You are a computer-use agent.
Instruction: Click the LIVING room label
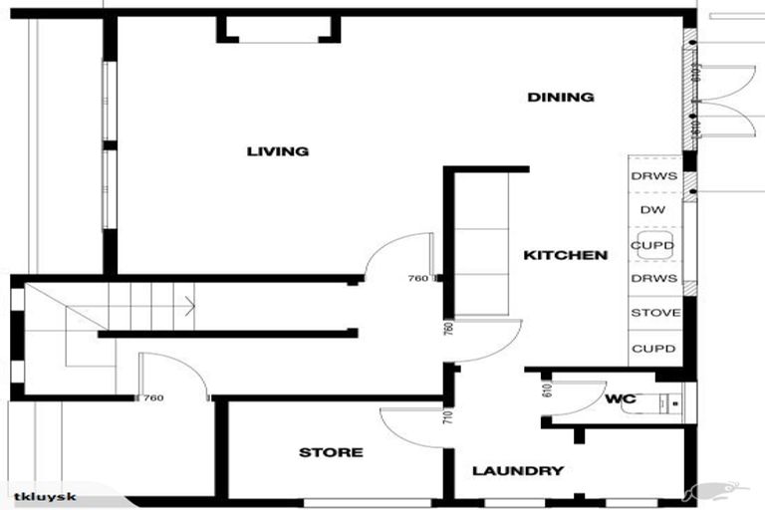pyautogui.click(x=278, y=151)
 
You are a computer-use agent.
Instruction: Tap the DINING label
pyautogui.click(x=561, y=98)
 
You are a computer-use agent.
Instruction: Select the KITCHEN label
pyautogui.click(x=565, y=256)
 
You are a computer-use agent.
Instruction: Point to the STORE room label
pyautogui.click(x=331, y=453)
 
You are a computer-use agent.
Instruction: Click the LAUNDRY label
pyautogui.click(x=518, y=471)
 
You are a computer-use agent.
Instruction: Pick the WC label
pyautogui.click(x=620, y=399)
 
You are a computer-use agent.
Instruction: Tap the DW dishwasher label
pyautogui.click(x=652, y=210)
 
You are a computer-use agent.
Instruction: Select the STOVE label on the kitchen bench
pyautogui.click(x=654, y=313)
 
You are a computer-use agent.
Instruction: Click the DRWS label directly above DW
pyautogui.click(x=653, y=176)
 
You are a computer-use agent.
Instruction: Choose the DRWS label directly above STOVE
pyautogui.click(x=653, y=279)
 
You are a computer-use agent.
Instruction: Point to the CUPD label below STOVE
pyautogui.click(x=653, y=349)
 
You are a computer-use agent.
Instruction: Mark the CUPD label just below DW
pyautogui.click(x=653, y=245)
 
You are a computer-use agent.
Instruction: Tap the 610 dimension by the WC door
pyautogui.click(x=547, y=389)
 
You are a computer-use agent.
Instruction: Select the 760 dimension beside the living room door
pyautogui.click(x=418, y=280)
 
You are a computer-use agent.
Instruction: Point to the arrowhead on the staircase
pyautogui.click(x=188, y=299)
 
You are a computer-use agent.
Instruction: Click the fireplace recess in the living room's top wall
pyautogui.click(x=278, y=29)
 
